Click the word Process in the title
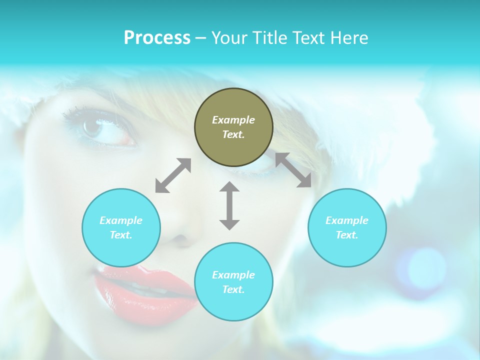[157, 38]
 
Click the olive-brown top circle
[233, 127]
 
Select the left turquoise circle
[121, 227]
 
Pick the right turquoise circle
[347, 227]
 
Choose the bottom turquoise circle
[233, 282]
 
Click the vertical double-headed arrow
[229, 205]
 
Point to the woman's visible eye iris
[92, 127]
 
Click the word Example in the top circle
[233, 120]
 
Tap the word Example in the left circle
[121, 220]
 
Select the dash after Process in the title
[201, 38]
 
